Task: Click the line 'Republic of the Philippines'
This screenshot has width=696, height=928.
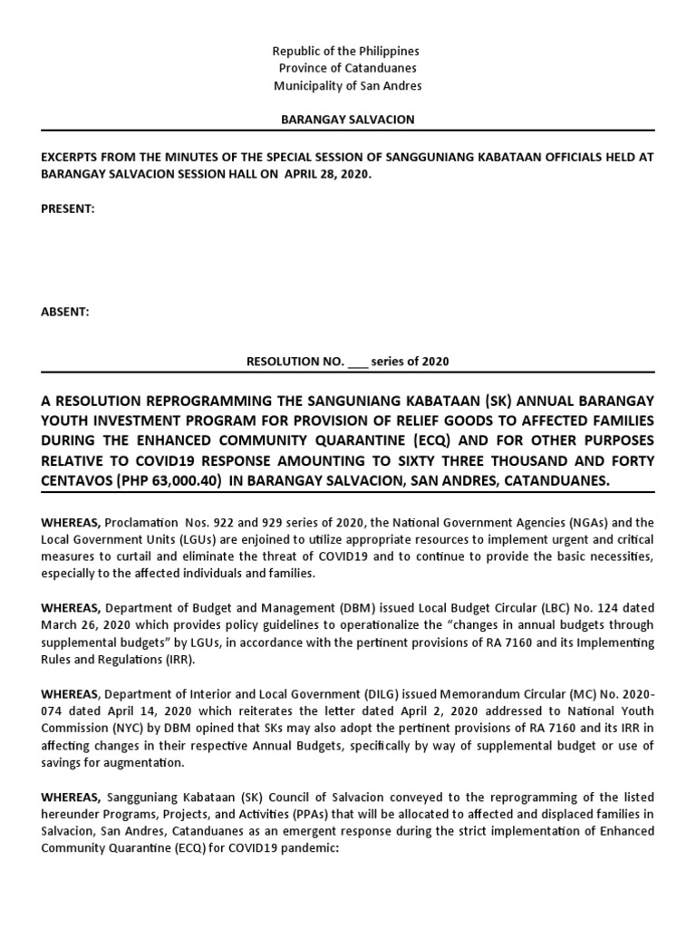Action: click(x=348, y=52)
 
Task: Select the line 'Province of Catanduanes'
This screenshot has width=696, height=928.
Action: click(x=348, y=69)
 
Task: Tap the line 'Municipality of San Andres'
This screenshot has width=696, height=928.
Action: click(x=348, y=86)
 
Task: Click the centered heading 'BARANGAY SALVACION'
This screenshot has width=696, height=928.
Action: click(x=348, y=120)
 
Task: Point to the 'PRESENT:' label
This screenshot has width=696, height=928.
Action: click(x=67, y=208)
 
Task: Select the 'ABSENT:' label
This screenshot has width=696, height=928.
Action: click(x=64, y=312)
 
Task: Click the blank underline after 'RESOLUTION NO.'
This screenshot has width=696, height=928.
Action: click(x=358, y=362)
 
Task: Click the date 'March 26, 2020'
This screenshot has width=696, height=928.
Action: click(x=83, y=624)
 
